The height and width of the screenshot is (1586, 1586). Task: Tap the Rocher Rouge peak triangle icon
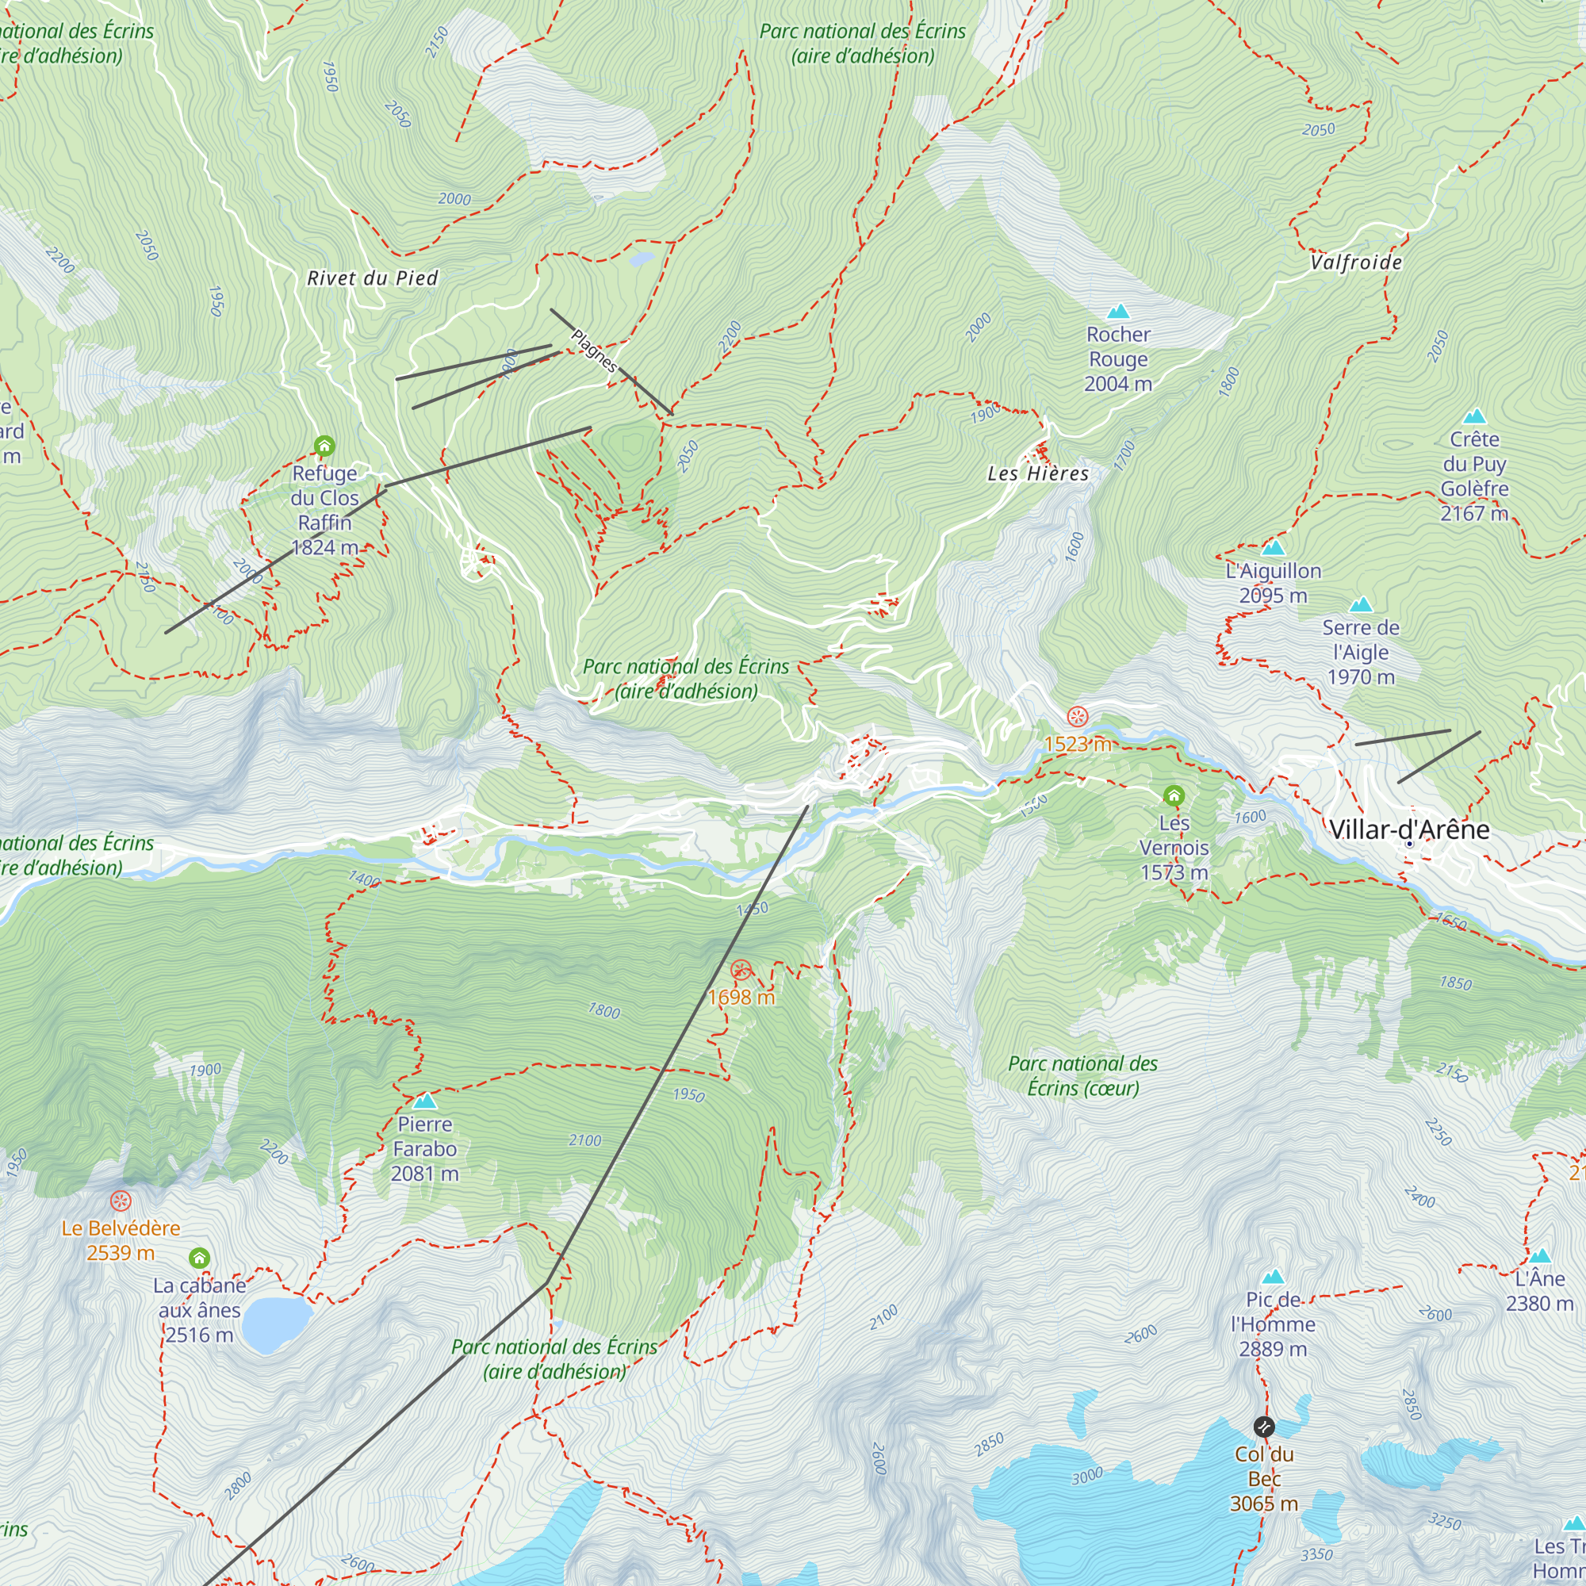click(x=1118, y=312)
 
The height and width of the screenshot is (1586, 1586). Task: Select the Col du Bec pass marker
click(x=1263, y=1426)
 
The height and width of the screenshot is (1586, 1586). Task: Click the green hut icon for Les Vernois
click(x=1174, y=795)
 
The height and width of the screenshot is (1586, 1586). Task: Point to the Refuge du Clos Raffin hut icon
click(x=324, y=446)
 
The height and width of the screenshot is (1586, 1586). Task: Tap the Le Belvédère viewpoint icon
click(x=121, y=1201)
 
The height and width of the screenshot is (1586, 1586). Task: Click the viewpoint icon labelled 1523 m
click(x=1077, y=716)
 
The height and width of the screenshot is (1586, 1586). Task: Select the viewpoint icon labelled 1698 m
click(x=741, y=970)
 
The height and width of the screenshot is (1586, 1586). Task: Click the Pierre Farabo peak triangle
click(x=424, y=1101)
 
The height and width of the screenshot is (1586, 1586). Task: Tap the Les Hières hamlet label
click(x=1037, y=473)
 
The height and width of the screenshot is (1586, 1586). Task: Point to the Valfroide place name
click(x=1356, y=262)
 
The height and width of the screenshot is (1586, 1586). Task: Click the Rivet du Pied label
click(x=372, y=278)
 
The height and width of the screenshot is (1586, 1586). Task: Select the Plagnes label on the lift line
click(x=593, y=351)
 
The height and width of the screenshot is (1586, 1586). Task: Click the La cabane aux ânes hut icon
click(x=200, y=1258)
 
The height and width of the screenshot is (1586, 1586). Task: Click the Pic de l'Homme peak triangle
click(x=1273, y=1277)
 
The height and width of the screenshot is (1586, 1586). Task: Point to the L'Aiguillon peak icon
click(x=1273, y=549)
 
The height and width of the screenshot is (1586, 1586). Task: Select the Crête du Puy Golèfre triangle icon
click(x=1474, y=416)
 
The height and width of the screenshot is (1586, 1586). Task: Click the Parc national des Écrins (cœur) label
click(x=1082, y=1075)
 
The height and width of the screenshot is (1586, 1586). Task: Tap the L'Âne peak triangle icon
click(x=1539, y=1256)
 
